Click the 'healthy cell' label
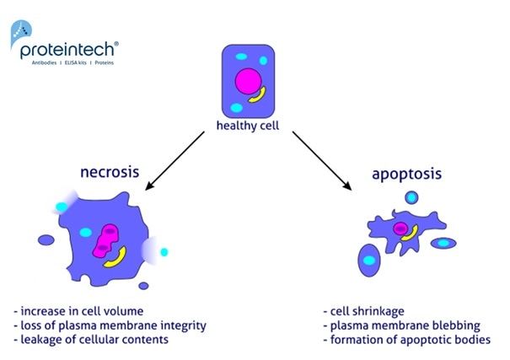click(247, 129)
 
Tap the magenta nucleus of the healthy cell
click(249, 83)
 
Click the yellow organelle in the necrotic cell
click(117, 257)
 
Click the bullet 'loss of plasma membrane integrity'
click(110, 325)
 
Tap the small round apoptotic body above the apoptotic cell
click(411, 198)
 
